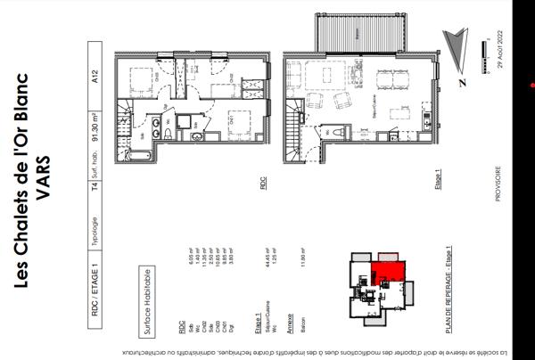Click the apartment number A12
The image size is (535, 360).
(96, 78)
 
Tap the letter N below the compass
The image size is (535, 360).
(462, 82)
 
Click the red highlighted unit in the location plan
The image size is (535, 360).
(386, 273)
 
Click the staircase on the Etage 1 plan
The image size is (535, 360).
(293, 117)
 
